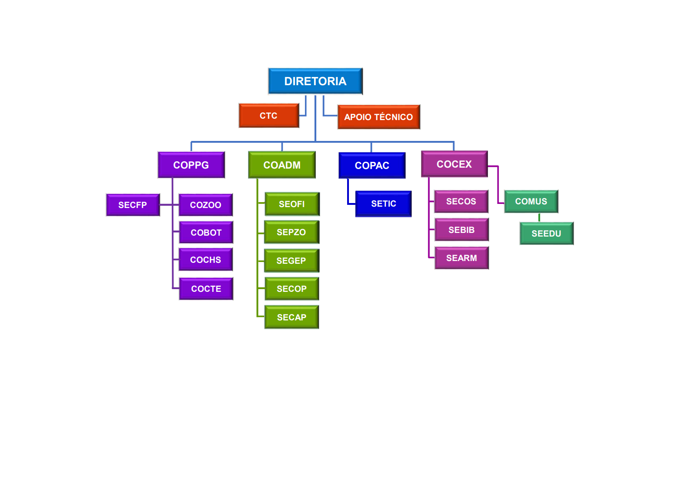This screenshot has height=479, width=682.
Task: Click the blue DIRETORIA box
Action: click(315, 81)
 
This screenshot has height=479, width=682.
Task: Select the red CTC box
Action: click(269, 116)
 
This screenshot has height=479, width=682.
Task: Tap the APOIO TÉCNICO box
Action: click(378, 117)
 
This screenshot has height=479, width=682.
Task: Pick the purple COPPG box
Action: click(191, 165)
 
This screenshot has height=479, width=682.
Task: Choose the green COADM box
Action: click(282, 165)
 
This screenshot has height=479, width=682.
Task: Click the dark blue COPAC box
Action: click(372, 165)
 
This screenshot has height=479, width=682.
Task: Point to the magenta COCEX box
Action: click(454, 164)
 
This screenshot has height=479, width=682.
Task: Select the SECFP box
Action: click(133, 205)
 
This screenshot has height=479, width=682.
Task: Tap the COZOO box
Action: click(206, 205)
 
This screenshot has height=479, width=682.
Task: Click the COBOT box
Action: click(206, 232)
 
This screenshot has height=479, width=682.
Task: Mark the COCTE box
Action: click(206, 289)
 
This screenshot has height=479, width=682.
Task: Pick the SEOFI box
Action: click(292, 204)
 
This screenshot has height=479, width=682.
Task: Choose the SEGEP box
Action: click(291, 261)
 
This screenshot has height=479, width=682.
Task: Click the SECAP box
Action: click(291, 317)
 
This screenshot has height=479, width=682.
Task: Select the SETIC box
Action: click(383, 204)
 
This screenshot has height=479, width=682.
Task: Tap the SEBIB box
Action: click(461, 230)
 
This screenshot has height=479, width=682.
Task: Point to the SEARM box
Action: click(461, 258)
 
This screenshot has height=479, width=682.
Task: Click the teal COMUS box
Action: click(531, 201)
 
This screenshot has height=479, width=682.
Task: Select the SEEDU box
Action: click(546, 233)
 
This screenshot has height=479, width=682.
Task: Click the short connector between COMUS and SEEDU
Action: click(539, 218)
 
